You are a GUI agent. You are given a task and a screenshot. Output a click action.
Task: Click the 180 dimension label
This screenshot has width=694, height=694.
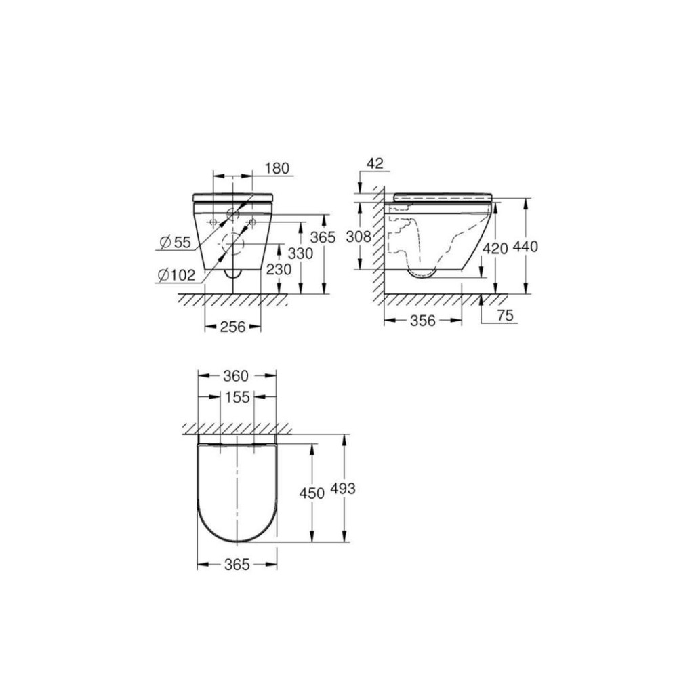(277, 168)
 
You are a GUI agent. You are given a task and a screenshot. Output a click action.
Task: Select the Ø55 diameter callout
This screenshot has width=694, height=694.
(176, 242)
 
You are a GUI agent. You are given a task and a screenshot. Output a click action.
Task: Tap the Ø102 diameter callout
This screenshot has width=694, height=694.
(176, 275)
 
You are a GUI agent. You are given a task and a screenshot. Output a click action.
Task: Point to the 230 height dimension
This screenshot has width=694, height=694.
(279, 269)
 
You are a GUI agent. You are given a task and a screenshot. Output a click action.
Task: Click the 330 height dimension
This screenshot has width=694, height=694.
(300, 253)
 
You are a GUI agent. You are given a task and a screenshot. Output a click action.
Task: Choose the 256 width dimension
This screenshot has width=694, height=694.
(233, 327)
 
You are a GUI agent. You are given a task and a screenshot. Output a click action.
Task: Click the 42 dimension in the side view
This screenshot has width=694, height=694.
(375, 163)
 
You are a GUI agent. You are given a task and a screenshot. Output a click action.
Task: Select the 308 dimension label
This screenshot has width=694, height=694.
(359, 237)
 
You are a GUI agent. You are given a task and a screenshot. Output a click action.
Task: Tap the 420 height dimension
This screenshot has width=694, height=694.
(495, 249)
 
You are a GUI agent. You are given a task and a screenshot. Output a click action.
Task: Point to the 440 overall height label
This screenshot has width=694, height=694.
(525, 247)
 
